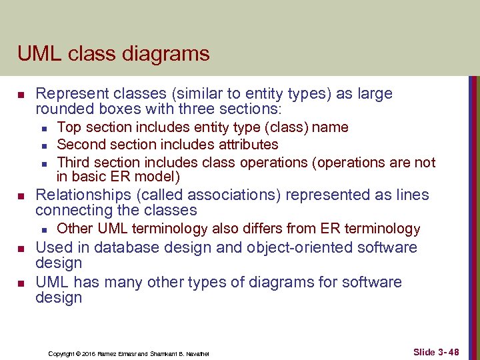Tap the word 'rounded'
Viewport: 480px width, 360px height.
click(x=63, y=109)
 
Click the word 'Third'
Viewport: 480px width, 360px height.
click(x=73, y=162)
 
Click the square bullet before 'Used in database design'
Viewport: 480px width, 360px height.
click(x=21, y=249)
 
